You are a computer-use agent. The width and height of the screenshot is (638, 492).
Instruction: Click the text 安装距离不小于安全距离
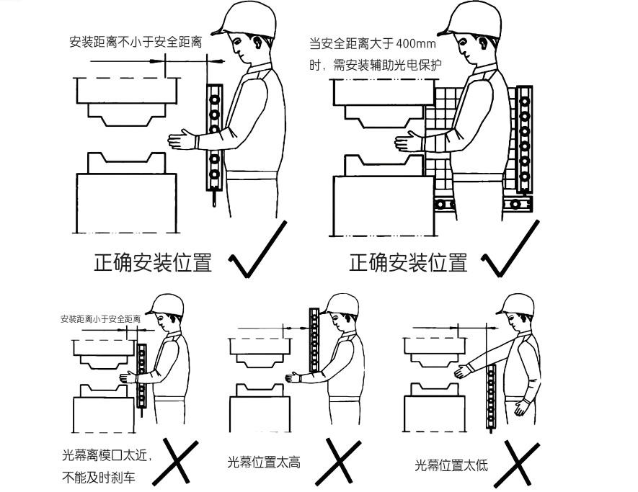136,42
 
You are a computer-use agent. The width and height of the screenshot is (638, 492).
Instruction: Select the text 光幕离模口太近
105,455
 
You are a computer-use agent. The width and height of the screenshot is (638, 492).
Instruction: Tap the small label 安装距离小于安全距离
100,318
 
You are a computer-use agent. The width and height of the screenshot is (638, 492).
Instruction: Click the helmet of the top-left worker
249,19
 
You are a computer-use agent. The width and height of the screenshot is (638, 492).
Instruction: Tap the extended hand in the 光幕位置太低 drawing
462,372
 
